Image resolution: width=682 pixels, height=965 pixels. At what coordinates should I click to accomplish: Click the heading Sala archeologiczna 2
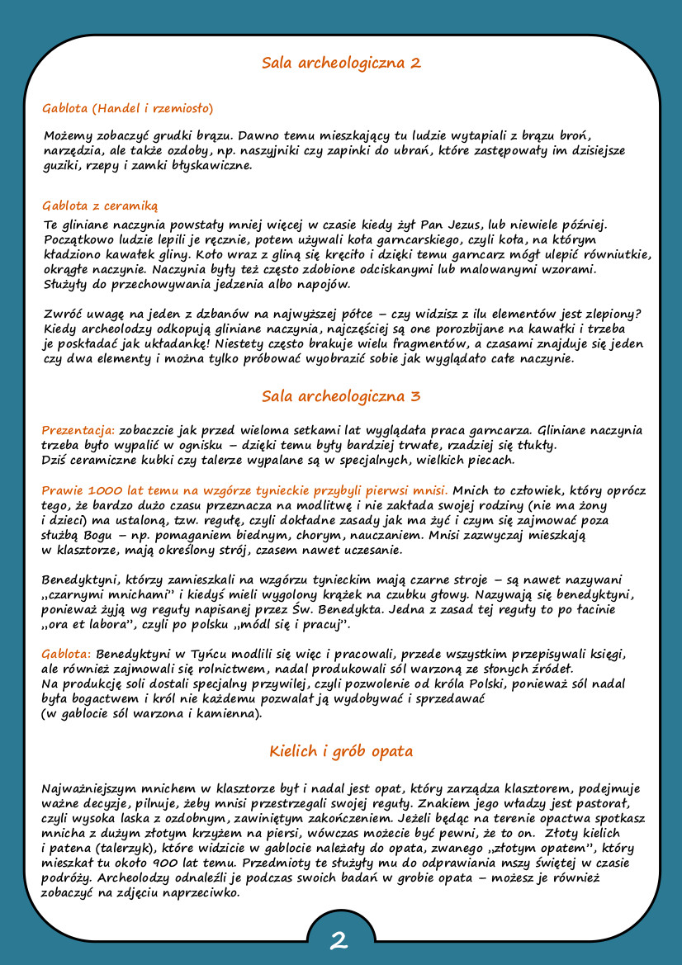(341, 63)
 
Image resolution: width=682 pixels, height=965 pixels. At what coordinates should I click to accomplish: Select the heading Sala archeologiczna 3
(341, 396)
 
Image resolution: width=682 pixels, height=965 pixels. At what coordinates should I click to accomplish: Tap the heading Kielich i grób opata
(341, 751)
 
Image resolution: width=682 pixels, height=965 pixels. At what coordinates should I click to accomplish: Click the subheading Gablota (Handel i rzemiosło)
(128, 108)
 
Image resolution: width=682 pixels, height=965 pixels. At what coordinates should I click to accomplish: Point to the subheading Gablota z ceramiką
(100, 206)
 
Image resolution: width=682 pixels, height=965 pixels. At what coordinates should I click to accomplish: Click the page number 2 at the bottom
(339, 940)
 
